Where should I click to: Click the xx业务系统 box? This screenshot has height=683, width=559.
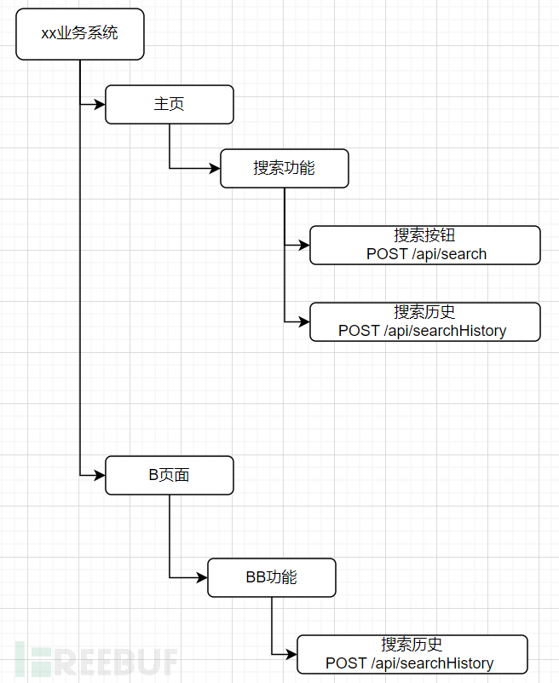(x=79, y=34)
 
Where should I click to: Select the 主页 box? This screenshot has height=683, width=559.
(x=170, y=105)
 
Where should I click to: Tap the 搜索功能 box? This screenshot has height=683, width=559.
(x=285, y=169)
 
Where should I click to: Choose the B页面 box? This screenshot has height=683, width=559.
(x=170, y=475)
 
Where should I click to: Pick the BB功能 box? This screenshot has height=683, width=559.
(x=272, y=577)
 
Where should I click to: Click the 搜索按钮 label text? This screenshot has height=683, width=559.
(x=424, y=235)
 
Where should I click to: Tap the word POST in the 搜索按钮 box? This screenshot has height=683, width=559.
(x=387, y=254)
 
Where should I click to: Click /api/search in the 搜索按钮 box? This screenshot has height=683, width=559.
(x=449, y=254)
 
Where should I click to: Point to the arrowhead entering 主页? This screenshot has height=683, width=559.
(x=100, y=105)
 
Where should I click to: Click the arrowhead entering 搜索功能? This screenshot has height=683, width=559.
(x=215, y=168)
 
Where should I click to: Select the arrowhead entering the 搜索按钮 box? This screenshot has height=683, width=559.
(x=304, y=246)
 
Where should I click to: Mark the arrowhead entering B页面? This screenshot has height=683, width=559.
(x=100, y=475)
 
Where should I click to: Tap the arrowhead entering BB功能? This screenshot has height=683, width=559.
(x=202, y=577)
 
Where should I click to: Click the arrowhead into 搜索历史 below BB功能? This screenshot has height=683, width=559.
(x=291, y=654)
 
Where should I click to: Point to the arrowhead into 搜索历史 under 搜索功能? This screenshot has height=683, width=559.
(x=304, y=322)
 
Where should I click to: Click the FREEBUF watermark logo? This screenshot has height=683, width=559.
(x=96, y=660)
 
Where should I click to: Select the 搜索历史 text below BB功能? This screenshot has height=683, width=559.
(x=412, y=645)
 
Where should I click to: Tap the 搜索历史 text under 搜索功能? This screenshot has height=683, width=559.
(x=424, y=312)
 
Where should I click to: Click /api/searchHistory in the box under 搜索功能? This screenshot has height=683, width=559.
(x=445, y=331)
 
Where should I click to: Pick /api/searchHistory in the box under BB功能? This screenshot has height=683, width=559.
(x=432, y=663)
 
